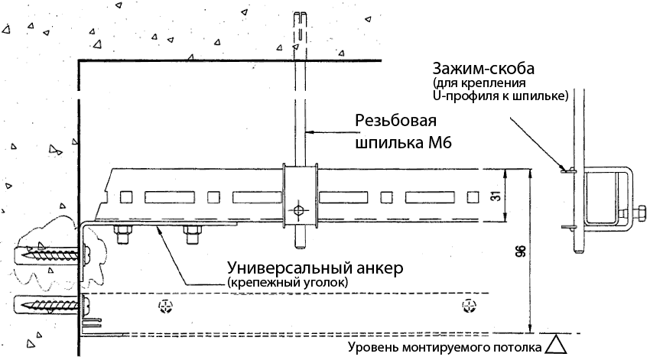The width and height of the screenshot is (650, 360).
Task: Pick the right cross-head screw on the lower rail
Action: coord(468,307)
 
